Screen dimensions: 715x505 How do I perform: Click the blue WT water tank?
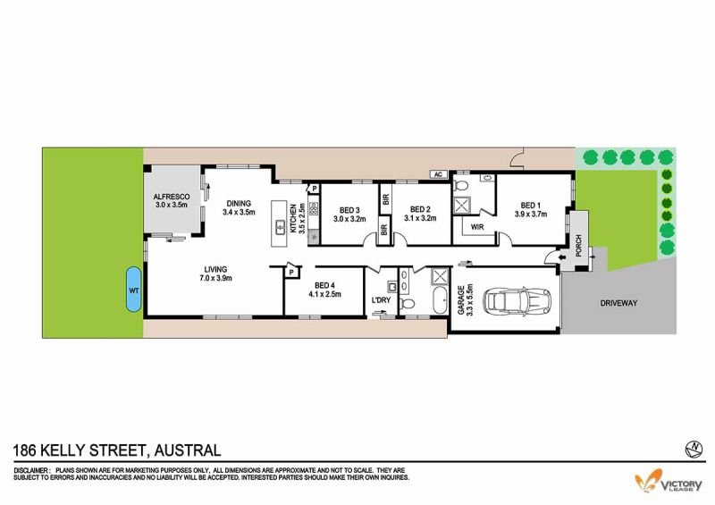click(x=133, y=290)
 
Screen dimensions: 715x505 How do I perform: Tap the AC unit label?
click(x=438, y=174)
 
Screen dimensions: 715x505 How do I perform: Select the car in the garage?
click(x=518, y=300)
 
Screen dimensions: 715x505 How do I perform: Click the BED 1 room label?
click(x=530, y=206)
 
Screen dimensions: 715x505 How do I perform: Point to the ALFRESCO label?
click(x=172, y=197)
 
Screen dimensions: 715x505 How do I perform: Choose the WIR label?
click(x=477, y=227)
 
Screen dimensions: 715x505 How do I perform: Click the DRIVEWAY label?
click(x=618, y=303)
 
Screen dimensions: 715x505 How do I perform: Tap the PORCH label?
click(x=578, y=246)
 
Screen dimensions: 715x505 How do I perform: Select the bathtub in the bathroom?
click(x=440, y=300)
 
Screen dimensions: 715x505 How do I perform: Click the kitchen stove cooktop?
click(x=314, y=208)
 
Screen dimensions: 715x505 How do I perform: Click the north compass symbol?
click(x=694, y=450)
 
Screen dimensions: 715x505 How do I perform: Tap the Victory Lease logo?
click(x=669, y=481)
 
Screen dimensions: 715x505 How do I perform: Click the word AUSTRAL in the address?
click(x=188, y=450)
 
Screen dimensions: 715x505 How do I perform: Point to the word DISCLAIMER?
click(x=31, y=470)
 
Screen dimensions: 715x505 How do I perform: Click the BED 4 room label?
click(x=324, y=286)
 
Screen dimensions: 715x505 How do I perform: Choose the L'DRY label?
click(x=382, y=300)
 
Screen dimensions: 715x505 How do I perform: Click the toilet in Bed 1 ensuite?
click(x=461, y=185)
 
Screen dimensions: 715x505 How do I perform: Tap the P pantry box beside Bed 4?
click(x=292, y=273)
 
